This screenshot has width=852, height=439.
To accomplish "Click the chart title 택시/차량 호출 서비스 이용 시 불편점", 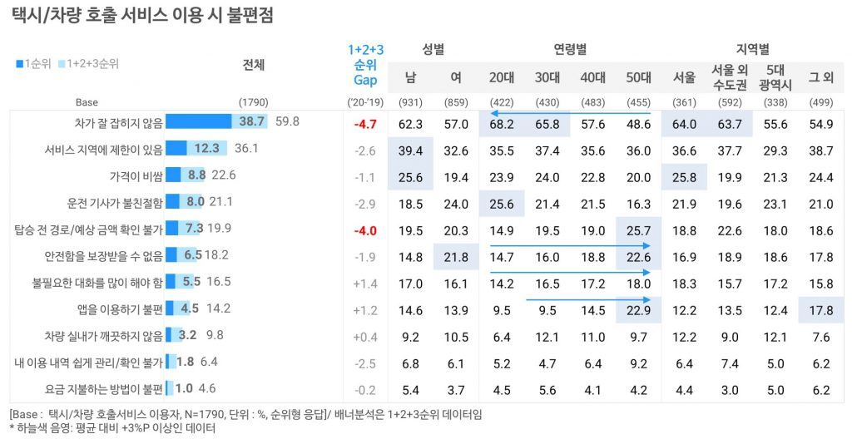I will [142, 15].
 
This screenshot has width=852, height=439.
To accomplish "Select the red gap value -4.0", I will [364, 229].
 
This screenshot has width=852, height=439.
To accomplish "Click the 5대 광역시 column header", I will [775, 77].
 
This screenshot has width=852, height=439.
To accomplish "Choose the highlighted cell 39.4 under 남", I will [411, 150].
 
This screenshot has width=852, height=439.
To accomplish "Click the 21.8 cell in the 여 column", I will [456, 256].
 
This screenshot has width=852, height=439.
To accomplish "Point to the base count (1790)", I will [253, 102].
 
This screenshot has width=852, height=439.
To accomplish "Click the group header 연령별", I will [570, 49].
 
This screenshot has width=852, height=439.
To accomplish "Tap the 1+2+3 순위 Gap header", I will [365, 65].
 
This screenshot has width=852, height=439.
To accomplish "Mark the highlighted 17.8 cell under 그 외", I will [820, 309].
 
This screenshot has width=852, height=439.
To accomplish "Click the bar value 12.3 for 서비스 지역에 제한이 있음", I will [206, 149].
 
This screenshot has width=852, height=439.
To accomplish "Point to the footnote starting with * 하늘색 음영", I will [112, 428].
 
